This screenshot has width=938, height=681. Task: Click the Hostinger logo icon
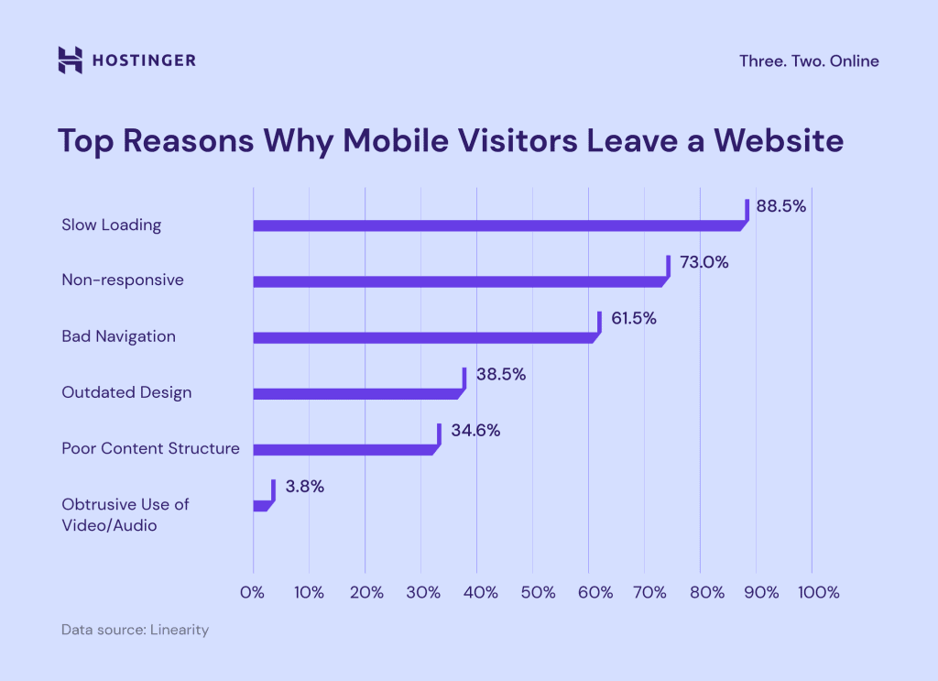[70, 60]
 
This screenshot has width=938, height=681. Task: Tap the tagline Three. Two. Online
[809, 61]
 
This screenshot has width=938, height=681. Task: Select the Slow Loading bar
[499, 225]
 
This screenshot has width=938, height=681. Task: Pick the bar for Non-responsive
[460, 281]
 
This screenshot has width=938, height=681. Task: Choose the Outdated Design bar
[357, 393]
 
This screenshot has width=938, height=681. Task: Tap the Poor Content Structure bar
[344, 449]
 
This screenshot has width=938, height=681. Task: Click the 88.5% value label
[780, 207]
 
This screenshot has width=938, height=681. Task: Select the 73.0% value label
[703, 263]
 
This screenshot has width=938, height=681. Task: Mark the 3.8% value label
[304, 487]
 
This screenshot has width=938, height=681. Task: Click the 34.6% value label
[474, 431]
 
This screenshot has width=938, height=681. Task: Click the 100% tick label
[818, 593]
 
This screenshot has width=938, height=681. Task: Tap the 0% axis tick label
[253, 593]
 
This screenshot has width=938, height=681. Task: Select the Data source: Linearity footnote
[135, 631]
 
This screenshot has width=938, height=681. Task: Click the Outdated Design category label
[126, 392]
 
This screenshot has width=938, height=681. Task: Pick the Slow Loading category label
[111, 225]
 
